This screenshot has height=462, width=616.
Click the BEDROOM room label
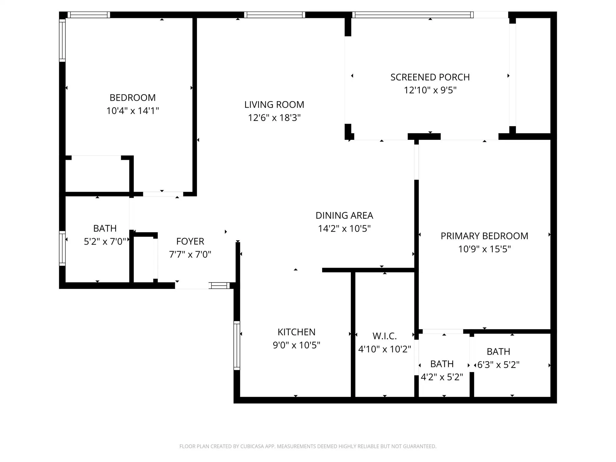(x=132, y=97)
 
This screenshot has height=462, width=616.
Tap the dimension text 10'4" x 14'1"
(x=132, y=111)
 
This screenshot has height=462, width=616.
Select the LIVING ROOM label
(x=274, y=104)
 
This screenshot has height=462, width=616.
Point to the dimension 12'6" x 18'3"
(x=274, y=118)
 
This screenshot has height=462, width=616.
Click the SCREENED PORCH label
(x=430, y=77)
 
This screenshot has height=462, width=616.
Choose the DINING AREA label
(x=344, y=215)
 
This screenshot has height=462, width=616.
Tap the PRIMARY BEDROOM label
(x=484, y=236)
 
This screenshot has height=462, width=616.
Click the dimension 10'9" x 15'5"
(x=484, y=249)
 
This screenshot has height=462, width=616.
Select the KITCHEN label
(x=296, y=332)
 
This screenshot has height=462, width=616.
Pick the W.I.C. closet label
(x=384, y=336)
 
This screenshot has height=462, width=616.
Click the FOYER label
(x=190, y=241)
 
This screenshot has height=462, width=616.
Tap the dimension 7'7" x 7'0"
(x=190, y=254)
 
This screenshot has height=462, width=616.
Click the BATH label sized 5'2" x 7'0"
(x=105, y=228)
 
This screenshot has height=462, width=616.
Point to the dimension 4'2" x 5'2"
(x=442, y=377)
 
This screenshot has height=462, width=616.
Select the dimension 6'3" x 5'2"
(x=498, y=365)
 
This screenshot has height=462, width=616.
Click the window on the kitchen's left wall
(x=237, y=345)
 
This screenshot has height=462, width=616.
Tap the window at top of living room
(x=274, y=15)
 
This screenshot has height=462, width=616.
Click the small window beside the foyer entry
(x=219, y=285)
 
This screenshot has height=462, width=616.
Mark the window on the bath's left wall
(x=62, y=248)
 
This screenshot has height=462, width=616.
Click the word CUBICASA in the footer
(x=252, y=446)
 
